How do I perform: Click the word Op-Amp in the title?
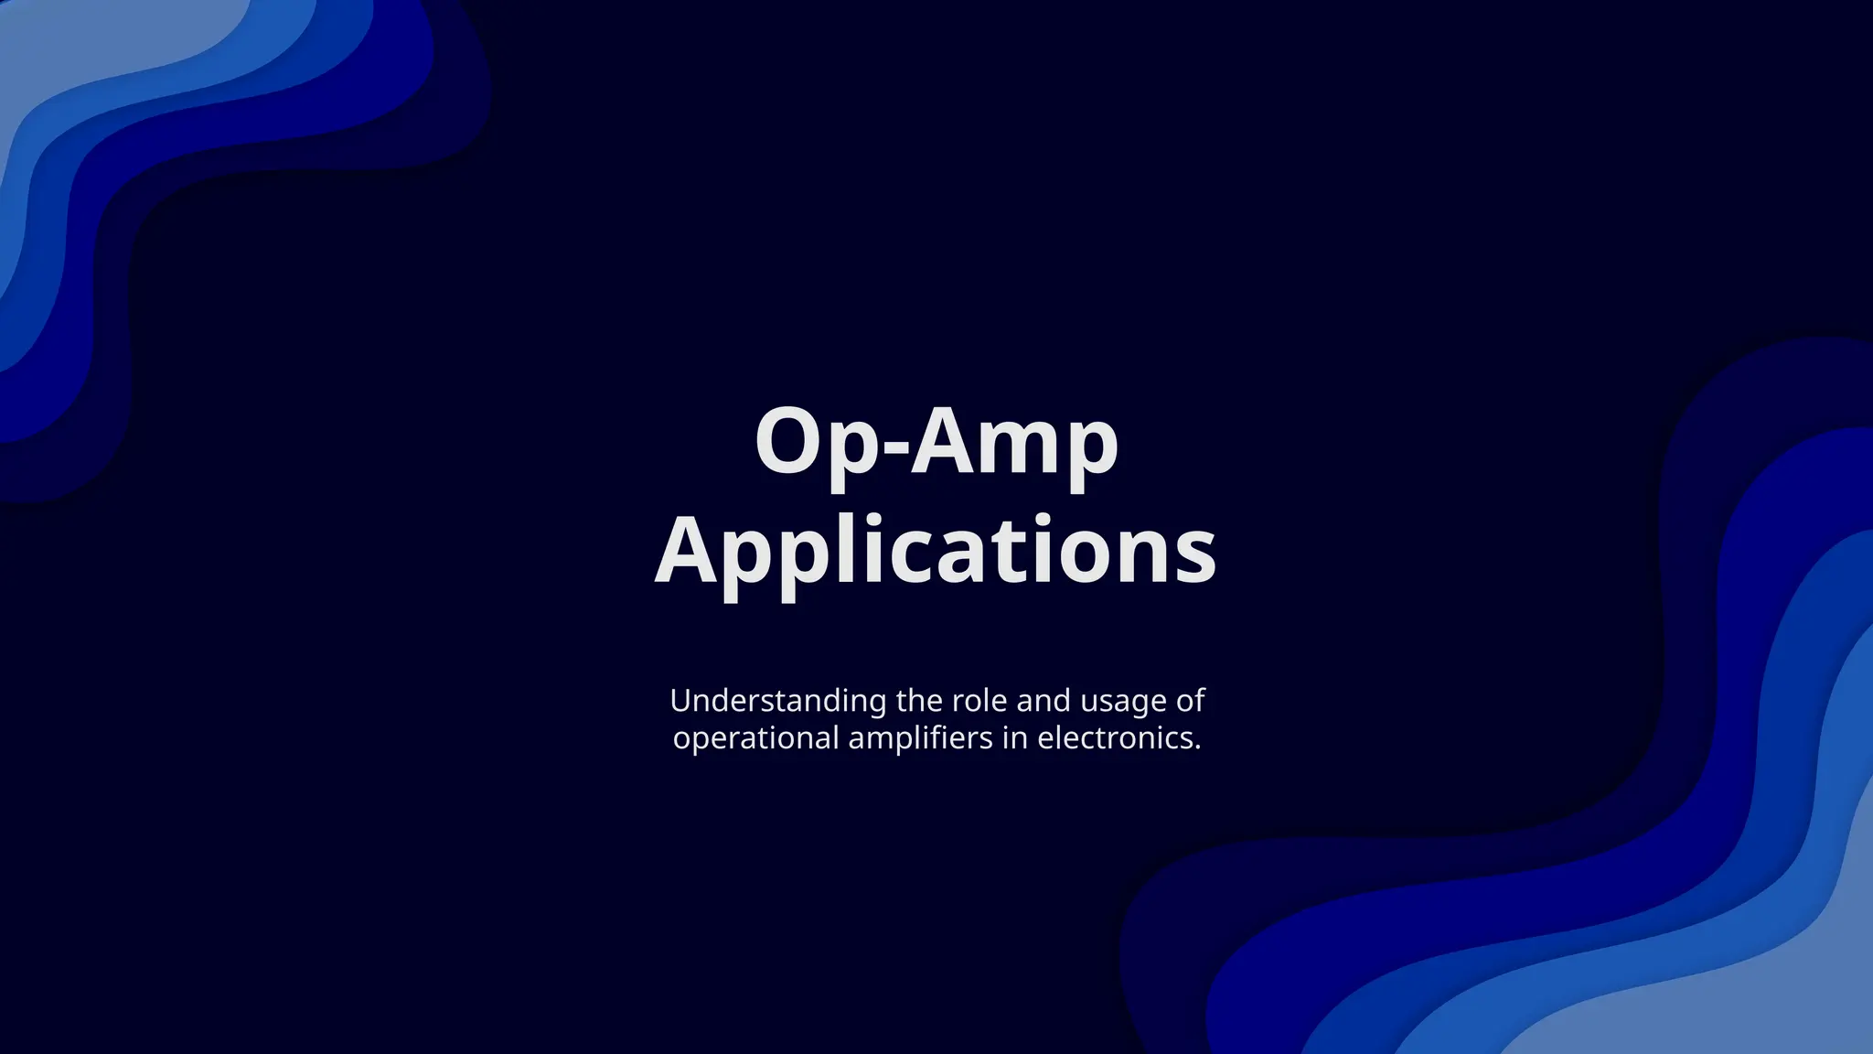tap(936, 444)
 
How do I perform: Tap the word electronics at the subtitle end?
tap(1118, 738)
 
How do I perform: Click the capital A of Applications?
tap(688, 550)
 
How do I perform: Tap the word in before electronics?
tap(1014, 738)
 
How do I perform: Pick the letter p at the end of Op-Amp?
tap(1091, 452)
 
